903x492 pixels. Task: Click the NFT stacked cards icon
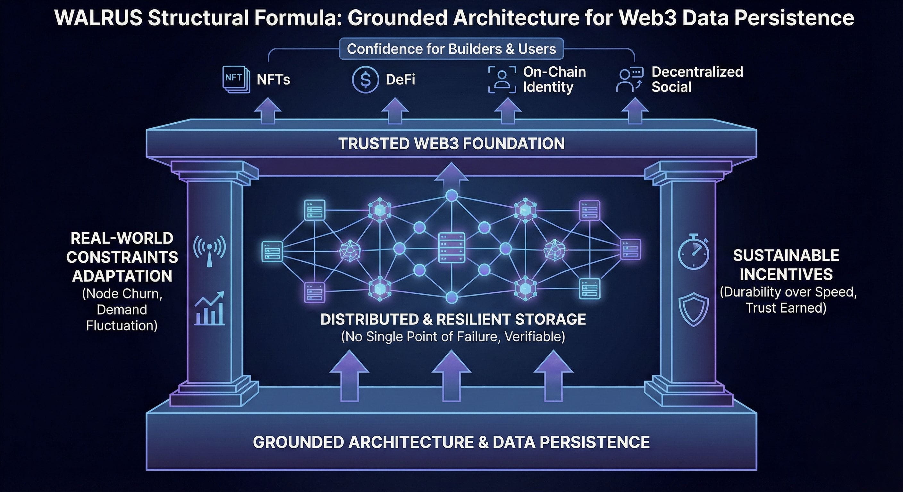236,79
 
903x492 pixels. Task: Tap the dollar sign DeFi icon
365,79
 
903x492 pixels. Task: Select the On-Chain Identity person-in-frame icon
502,79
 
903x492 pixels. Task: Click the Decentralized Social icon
629,79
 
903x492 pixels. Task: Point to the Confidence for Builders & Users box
451,49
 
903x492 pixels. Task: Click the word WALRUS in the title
98,18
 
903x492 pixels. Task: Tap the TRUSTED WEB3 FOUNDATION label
451,143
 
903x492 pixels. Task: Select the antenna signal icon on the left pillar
210,251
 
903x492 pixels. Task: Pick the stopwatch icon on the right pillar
693,251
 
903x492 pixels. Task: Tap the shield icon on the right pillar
693,309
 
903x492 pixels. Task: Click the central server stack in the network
451,248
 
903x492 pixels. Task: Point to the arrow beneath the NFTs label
267,110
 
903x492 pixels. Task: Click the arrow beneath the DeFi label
395,110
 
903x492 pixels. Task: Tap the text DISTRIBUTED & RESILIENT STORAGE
453,319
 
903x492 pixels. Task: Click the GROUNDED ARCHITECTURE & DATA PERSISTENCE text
451,442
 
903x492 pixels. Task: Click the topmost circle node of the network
451,195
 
